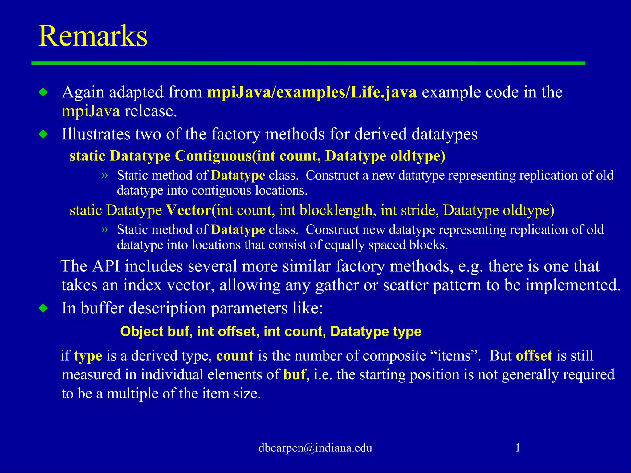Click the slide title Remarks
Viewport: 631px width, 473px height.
(93, 36)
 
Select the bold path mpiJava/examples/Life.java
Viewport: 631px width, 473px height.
(312, 92)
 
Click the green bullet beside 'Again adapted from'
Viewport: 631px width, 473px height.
(44, 92)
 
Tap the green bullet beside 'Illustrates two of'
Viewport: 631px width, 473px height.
(44, 134)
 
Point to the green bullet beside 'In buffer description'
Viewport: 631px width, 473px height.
(44, 308)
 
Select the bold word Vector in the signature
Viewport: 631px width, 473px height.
(188, 210)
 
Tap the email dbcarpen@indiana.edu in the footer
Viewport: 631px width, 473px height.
(315, 448)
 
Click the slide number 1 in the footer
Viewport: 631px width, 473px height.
(518, 447)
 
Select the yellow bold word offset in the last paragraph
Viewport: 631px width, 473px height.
(534, 356)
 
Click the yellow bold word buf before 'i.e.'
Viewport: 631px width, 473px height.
(294, 374)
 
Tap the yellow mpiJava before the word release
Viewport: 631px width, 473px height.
(91, 111)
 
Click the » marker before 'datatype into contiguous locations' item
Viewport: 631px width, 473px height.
(104, 175)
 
